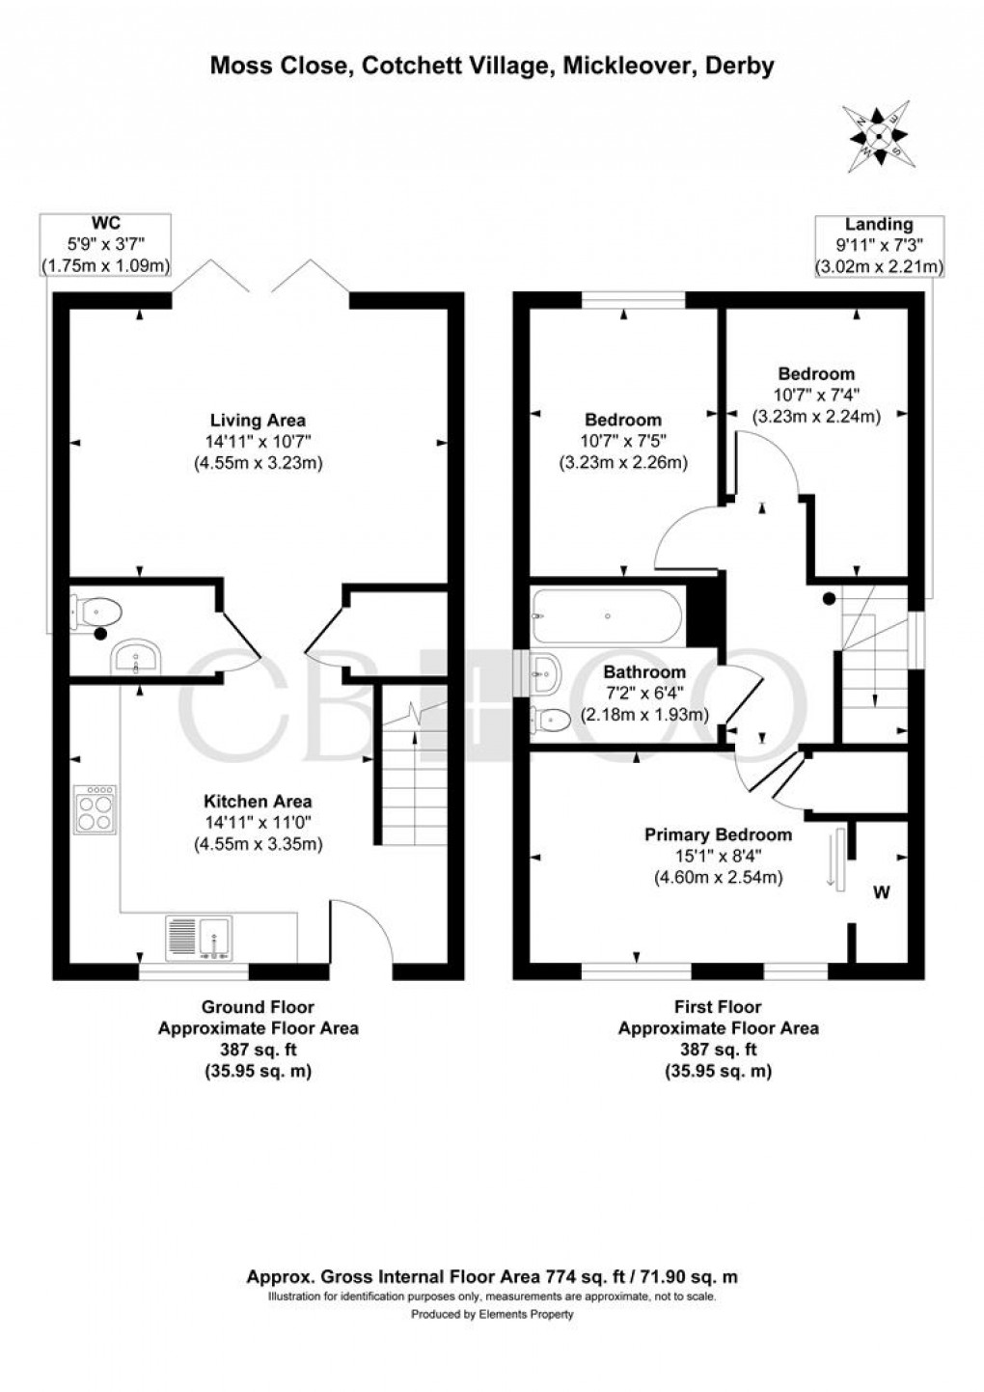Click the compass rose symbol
(x=878, y=138)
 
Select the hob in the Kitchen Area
(x=95, y=809)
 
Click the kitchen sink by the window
(x=200, y=939)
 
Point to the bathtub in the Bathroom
(x=609, y=615)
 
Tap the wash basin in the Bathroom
(x=546, y=673)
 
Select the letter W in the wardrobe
(x=882, y=893)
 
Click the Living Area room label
(x=258, y=420)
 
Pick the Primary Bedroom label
(x=718, y=834)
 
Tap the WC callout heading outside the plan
(x=106, y=223)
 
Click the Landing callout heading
(x=878, y=224)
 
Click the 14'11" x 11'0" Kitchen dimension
(x=258, y=822)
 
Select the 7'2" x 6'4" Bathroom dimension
(x=644, y=693)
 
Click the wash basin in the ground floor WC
(x=136, y=656)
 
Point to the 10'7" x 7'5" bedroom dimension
(x=623, y=441)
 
